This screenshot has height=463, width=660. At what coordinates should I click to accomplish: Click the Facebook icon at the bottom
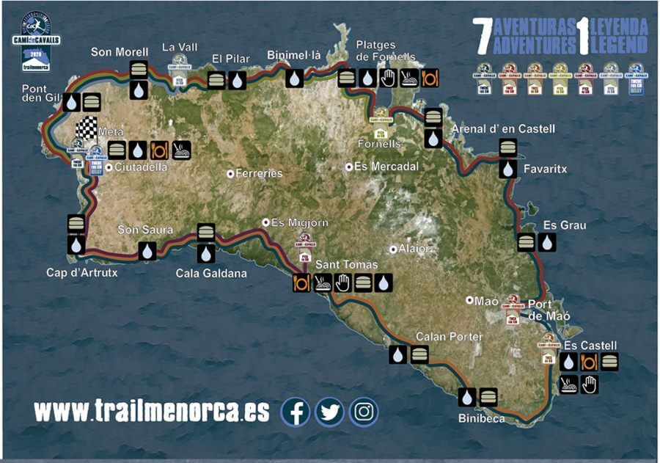[x=296, y=412]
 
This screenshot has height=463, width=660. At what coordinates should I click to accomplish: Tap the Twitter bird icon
[x=330, y=412]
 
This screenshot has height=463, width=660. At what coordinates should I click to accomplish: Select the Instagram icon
[x=364, y=412]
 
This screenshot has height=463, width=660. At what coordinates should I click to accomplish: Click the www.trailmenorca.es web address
[x=152, y=411]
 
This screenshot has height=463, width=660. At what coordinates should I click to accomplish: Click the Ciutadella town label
[x=141, y=167]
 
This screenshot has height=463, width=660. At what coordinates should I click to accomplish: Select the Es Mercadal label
[x=386, y=167]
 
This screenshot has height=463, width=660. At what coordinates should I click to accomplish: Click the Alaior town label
[x=415, y=249]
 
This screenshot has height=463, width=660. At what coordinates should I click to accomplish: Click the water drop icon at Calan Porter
[x=398, y=355]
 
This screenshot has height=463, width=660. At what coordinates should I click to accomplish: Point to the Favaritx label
[x=545, y=169]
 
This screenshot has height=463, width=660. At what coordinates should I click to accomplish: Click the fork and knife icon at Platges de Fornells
[x=430, y=78]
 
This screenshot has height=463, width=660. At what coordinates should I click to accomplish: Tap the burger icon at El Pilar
[x=217, y=80]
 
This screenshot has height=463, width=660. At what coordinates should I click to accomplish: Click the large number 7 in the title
[x=483, y=37]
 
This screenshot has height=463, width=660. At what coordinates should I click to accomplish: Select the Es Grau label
[x=565, y=225]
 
